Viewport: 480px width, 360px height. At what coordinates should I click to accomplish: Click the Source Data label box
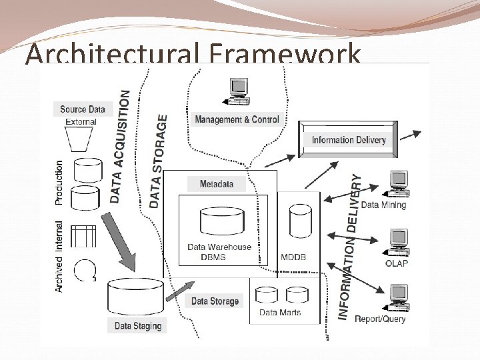coord(83,109)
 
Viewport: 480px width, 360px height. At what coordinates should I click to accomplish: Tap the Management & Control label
coord(237,119)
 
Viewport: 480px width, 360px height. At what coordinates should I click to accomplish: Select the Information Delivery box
coord(348,140)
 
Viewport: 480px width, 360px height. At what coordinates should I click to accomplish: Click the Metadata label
coord(217,184)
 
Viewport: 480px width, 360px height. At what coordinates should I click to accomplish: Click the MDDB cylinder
coord(300,219)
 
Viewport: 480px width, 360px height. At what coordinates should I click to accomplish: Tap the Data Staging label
coord(138,326)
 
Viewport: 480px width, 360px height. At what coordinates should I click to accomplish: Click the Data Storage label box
coord(215,301)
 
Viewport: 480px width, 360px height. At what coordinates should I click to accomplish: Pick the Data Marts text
coord(280,312)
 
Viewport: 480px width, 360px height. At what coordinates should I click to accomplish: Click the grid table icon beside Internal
coord(84,236)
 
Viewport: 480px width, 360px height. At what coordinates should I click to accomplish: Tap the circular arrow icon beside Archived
coord(85,269)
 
